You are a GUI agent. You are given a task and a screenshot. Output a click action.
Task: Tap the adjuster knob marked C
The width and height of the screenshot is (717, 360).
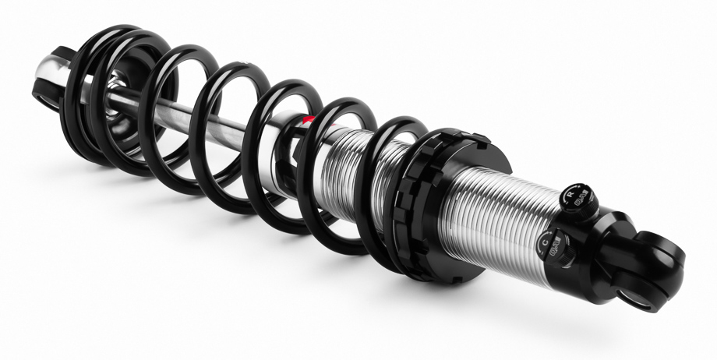tap(551, 249)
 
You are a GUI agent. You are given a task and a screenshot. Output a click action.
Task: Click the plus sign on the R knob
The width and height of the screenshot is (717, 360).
tap(583, 190)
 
